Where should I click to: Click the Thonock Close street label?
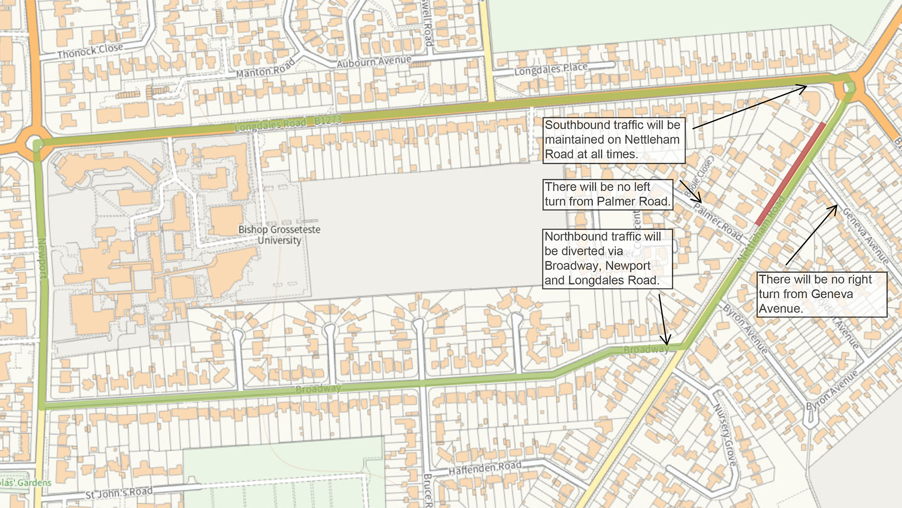coord(90,51)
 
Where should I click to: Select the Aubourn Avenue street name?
coord(374,62)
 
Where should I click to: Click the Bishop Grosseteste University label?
coord(279,235)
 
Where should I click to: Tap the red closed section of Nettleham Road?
coord(790,174)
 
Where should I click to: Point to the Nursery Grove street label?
coord(725,435)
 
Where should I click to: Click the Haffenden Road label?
coord(485,468)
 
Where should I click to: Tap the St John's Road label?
coord(119,492)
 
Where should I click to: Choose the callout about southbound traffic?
coord(613,140)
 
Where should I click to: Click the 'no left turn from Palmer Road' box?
coord(607,194)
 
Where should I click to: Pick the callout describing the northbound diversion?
coord(607,258)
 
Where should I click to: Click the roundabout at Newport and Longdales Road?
coord(36,143)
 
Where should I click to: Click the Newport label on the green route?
coord(42,258)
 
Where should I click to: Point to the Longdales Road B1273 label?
coord(288,123)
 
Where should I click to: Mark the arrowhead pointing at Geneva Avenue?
coord(835,207)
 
